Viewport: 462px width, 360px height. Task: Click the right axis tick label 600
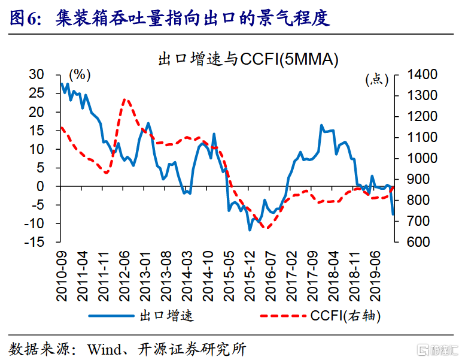[x=420, y=242]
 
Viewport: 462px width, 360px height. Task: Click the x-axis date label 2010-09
[x=61, y=270]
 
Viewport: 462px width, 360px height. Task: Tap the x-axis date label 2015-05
[x=228, y=270]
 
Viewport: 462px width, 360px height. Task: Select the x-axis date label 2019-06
[x=376, y=270]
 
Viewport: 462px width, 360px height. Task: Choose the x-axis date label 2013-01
[x=144, y=270]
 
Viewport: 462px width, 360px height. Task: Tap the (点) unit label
[x=376, y=79]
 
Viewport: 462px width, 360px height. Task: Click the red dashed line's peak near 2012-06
[x=125, y=99]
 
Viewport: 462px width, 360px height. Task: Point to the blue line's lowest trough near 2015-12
[x=250, y=230]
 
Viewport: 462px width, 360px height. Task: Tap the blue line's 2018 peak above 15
[x=321, y=126]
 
